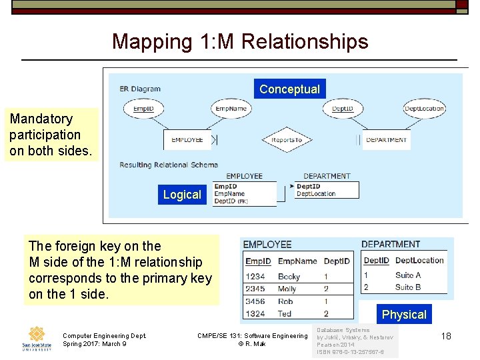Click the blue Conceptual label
coord(289,89)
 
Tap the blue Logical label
coord(182,194)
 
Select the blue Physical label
coord(404,314)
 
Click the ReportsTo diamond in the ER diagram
coord(287,140)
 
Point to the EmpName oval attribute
coord(230,109)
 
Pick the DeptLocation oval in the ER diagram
coord(424,109)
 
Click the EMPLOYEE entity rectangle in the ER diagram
coord(187,140)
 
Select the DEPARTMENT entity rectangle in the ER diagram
coord(386,140)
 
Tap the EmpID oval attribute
coord(144,109)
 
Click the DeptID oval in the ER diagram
coord(343,109)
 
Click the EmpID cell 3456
coord(255,301)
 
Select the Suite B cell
coord(408,287)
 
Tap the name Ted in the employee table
coord(285,313)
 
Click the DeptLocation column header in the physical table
coord(419,260)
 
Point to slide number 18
coord(446,336)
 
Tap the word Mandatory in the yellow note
coord(41,119)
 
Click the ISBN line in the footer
coord(350,351)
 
